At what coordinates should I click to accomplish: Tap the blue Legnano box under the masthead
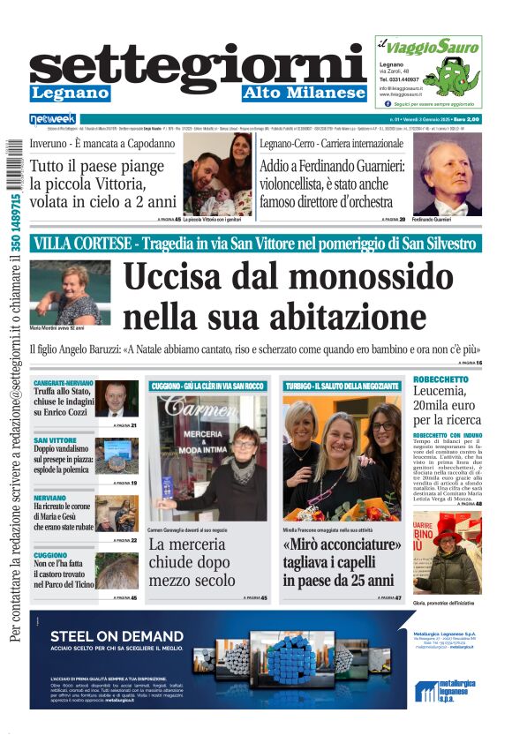pos(70,93)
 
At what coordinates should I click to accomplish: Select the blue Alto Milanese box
pos(304,93)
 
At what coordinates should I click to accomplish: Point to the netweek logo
pos(53,118)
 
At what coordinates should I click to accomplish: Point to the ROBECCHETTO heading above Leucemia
pos(440,379)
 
